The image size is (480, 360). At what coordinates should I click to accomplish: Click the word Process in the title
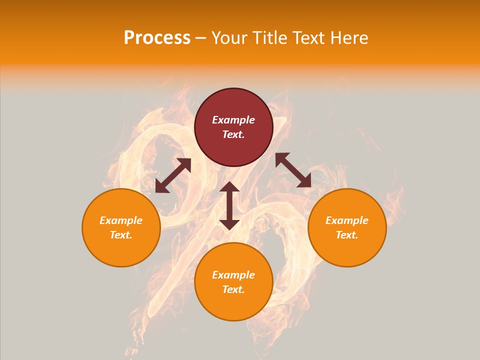click(157, 38)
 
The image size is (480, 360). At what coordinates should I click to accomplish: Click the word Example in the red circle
click(233, 120)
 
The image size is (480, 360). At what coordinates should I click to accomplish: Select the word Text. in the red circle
click(233, 134)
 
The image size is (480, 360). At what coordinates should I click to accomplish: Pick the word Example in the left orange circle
click(121, 220)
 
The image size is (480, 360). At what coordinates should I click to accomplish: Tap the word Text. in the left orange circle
click(121, 235)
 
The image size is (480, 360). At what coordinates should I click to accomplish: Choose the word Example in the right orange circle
click(347, 220)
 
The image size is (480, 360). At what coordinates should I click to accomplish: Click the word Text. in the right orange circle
click(347, 235)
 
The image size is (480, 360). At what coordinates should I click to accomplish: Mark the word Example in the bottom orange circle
click(233, 275)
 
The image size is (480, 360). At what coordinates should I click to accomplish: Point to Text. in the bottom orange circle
click(233, 289)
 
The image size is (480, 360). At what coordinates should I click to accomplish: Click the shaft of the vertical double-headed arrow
click(229, 205)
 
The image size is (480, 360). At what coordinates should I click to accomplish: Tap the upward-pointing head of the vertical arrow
click(229, 187)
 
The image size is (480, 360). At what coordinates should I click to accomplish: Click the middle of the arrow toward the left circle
click(173, 175)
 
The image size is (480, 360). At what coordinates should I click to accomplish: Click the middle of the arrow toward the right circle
click(293, 170)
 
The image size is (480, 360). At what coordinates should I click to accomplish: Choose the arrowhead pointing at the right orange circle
click(305, 182)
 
